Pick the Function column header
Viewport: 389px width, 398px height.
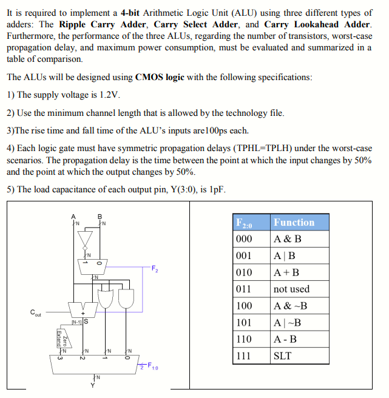[x=294, y=222]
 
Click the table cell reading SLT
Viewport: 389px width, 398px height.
[x=283, y=356]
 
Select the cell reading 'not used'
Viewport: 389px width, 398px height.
[x=291, y=289]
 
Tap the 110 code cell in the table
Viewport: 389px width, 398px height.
[x=243, y=339]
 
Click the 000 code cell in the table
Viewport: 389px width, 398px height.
[x=243, y=239]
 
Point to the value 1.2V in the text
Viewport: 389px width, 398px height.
[x=108, y=95]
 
